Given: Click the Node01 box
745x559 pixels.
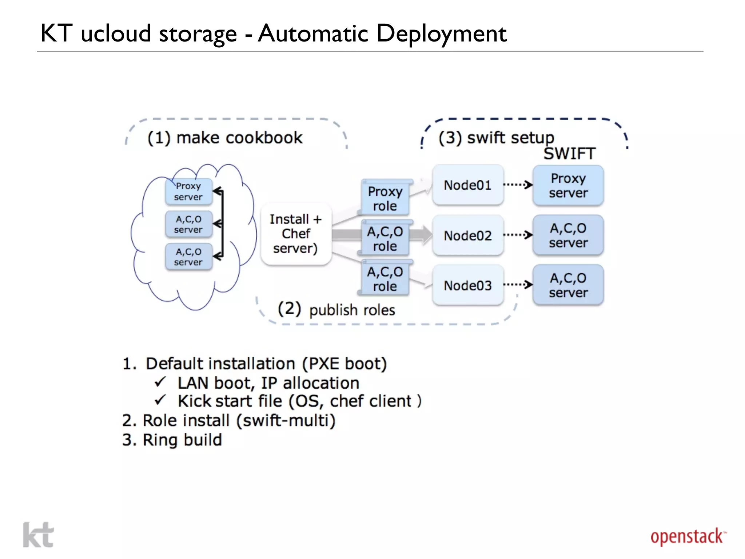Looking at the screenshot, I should pyautogui.click(x=468, y=185).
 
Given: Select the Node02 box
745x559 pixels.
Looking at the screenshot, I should pyautogui.click(x=468, y=235).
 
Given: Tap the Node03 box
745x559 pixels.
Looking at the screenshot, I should pyautogui.click(x=468, y=285).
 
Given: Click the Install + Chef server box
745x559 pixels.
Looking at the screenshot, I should pyautogui.click(x=296, y=234).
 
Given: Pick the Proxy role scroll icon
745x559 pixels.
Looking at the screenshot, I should pyautogui.click(x=385, y=198).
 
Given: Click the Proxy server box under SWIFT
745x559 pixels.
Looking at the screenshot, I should pyautogui.click(x=568, y=186).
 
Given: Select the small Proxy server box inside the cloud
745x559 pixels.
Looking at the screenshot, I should pyautogui.click(x=188, y=191).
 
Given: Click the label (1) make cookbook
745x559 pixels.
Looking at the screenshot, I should pyautogui.click(x=225, y=138).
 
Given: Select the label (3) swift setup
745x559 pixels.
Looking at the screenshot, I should pyautogui.click(x=496, y=138).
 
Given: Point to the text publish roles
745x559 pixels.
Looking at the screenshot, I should pyautogui.click(x=352, y=310).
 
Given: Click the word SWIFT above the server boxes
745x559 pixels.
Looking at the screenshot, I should pyautogui.click(x=569, y=154).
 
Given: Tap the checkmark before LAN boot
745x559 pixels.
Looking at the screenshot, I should pyautogui.click(x=160, y=382).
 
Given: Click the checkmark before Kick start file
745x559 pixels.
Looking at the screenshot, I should pyautogui.click(x=160, y=400).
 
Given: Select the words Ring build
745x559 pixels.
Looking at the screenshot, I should pyautogui.click(x=182, y=440).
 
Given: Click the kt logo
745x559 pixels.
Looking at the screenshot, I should pyautogui.click(x=38, y=535).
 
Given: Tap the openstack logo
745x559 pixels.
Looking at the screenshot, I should pyautogui.click(x=688, y=537).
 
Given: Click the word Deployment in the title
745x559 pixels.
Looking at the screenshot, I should pyautogui.click(x=441, y=33).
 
